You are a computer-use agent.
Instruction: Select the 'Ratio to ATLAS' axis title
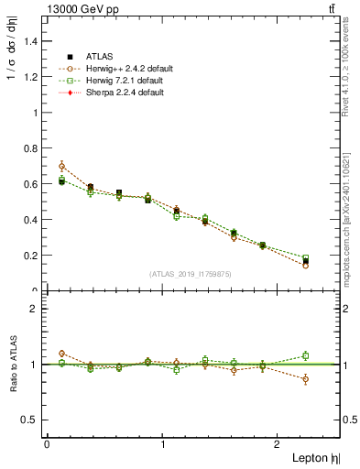click(x=12, y=364)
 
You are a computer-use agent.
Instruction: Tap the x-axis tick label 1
click(x=163, y=443)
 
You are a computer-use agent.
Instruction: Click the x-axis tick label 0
click(x=47, y=443)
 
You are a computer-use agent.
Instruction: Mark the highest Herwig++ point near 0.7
click(x=61, y=167)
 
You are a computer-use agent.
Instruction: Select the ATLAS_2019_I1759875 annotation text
click(x=191, y=273)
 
